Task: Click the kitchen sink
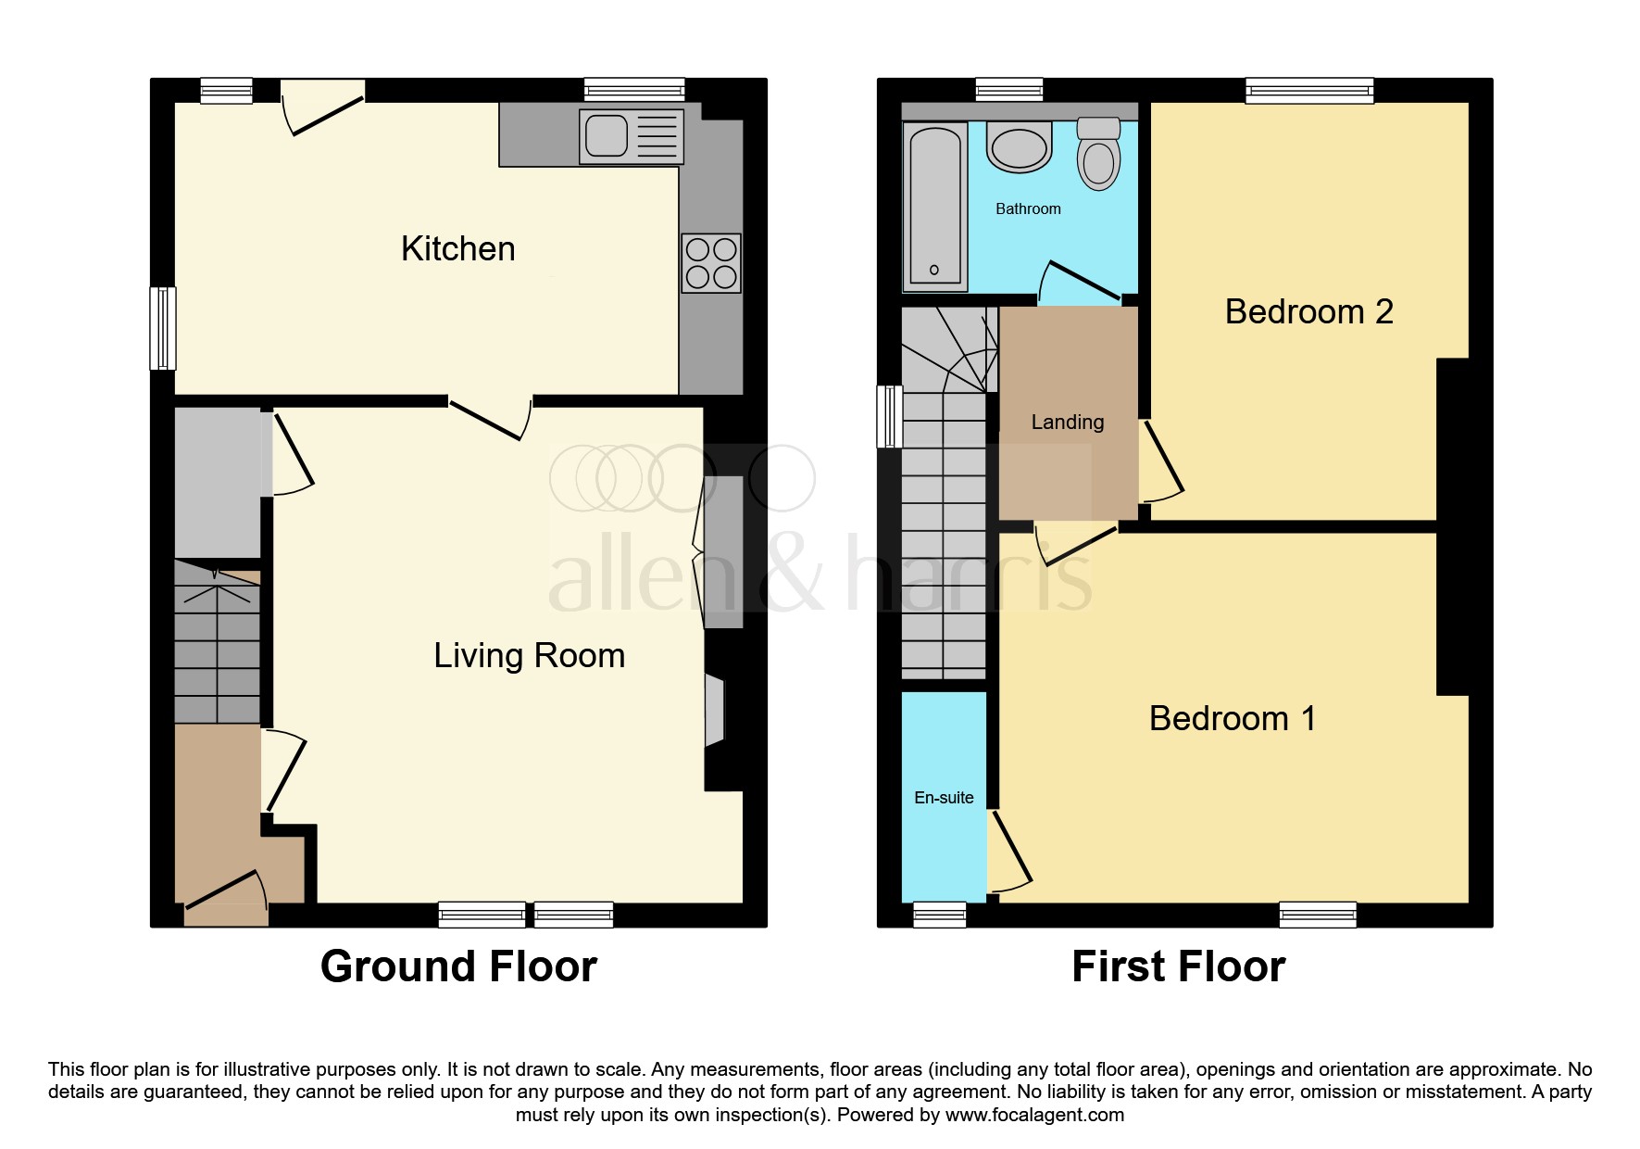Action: click(x=631, y=136)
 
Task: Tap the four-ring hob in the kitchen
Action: click(x=710, y=263)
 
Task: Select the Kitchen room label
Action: click(x=457, y=249)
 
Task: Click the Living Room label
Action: click(x=529, y=656)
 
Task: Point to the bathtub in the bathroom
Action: click(x=934, y=206)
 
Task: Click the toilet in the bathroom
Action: click(x=1098, y=156)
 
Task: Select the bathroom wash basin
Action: click(x=1019, y=148)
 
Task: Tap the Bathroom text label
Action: click(x=1028, y=209)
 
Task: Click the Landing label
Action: click(x=1067, y=423)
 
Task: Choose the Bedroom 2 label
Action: click(x=1308, y=312)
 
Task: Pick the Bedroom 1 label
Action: click(x=1232, y=719)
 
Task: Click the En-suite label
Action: click(x=944, y=798)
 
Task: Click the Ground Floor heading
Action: click(x=458, y=966)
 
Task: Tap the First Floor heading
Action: click(x=1178, y=966)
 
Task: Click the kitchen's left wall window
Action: click(x=163, y=329)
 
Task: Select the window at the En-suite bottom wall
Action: click(x=939, y=915)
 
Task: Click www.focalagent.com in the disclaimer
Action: click(x=1034, y=1115)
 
